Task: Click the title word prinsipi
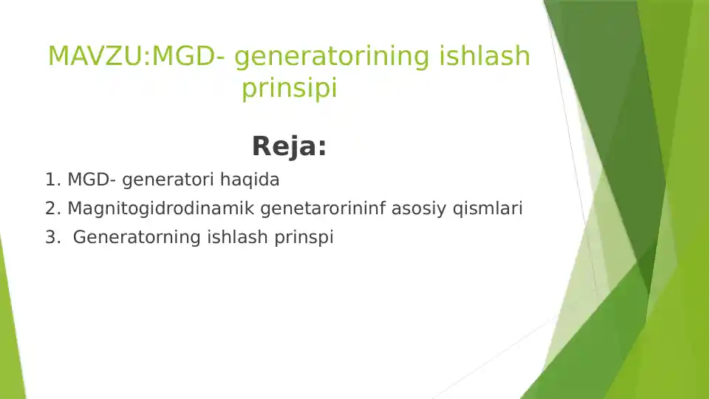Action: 289,89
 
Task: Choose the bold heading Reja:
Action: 289,146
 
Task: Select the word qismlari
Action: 487,208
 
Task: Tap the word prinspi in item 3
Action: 304,237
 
